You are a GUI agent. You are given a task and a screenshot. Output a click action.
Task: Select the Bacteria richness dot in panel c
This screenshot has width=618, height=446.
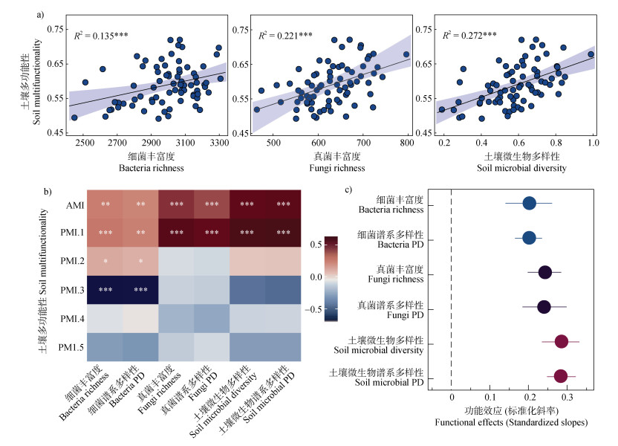(529, 203)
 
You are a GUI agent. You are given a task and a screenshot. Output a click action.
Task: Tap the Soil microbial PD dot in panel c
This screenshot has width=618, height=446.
(560, 376)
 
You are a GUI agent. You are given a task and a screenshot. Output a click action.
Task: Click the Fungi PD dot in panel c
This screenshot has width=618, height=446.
(544, 307)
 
